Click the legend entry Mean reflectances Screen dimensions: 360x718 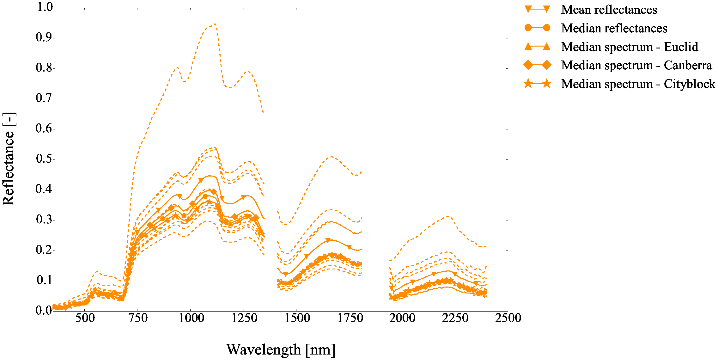click(x=609, y=10)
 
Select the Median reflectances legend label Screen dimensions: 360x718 click(x=614, y=28)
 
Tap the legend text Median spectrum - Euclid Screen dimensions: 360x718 click(x=629, y=47)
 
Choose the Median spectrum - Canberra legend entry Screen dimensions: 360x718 click(x=636, y=65)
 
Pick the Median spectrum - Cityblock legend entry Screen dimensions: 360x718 click(x=638, y=84)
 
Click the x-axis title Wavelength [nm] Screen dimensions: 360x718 click(x=280, y=350)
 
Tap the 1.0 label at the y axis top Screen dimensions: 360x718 click(x=45, y=7)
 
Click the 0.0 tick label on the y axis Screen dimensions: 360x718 click(x=44, y=310)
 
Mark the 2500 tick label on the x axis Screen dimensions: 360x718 click(x=508, y=318)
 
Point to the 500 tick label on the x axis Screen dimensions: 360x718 click(x=85, y=318)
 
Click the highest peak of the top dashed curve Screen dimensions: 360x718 click(x=215, y=24)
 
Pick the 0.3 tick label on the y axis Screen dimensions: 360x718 click(x=44, y=220)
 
